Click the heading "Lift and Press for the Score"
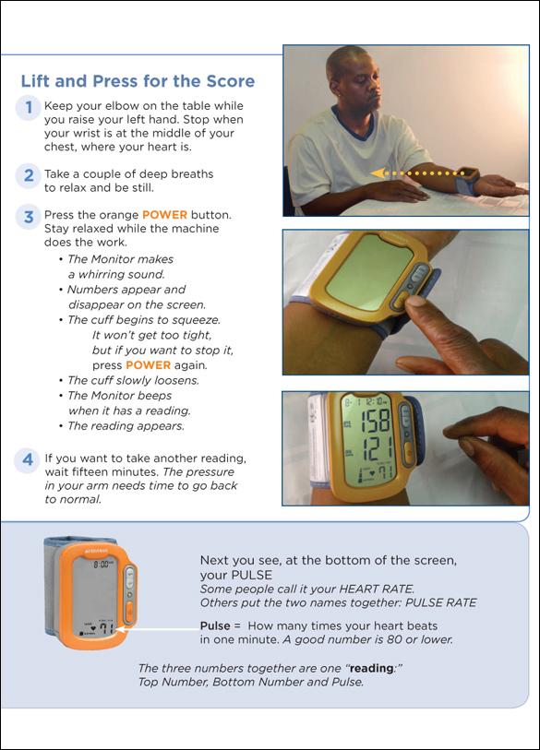(x=138, y=81)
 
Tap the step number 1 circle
(x=28, y=107)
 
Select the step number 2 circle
(x=28, y=175)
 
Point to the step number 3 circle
(x=28, y=216)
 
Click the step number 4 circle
(x=28, y=459)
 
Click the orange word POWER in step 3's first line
(x=164, y=215)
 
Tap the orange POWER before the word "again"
(x=148, y=365)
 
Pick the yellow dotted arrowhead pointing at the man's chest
(x=378, y=173)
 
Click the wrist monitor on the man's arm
(x=467, y=180)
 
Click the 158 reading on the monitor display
(x=375, y=421)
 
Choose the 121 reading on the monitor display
(x=378, y=448)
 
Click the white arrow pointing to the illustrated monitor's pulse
(x=158, y=629)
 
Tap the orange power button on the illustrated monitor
(x=130, y=613)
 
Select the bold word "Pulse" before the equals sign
(x=215, y=625)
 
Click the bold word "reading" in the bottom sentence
(x=371, y=668)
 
